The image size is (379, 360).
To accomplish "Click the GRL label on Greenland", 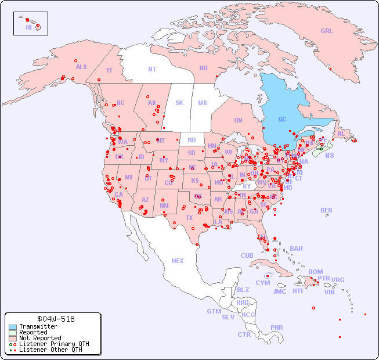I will [327, 31].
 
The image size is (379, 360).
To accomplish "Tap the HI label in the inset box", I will [28, 27].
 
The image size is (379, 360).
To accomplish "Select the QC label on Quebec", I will [282, 120].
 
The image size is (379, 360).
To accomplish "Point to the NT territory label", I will [152, 69].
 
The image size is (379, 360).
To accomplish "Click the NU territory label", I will [203, 68].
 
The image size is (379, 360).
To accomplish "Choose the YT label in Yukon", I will [109, 70].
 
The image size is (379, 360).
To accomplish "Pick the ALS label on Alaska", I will [81, 67].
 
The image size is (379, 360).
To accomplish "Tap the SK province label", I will [179, 103].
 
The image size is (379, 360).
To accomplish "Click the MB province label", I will [203, 103].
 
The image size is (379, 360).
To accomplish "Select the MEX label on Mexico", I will [178, 261].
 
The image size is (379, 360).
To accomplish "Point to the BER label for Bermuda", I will [327, 210].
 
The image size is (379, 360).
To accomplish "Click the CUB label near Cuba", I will [247, 255].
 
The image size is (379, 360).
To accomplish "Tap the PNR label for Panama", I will [277, 327].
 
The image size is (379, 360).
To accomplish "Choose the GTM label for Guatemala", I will [214, 311].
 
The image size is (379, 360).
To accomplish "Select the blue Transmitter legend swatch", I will [12, 327].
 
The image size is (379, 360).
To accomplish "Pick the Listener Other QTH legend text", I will [50, 350].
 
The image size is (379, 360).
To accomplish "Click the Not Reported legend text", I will [40, 338].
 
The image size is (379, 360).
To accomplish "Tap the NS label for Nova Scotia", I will [330, 155].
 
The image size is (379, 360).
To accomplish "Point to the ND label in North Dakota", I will [192, 140].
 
